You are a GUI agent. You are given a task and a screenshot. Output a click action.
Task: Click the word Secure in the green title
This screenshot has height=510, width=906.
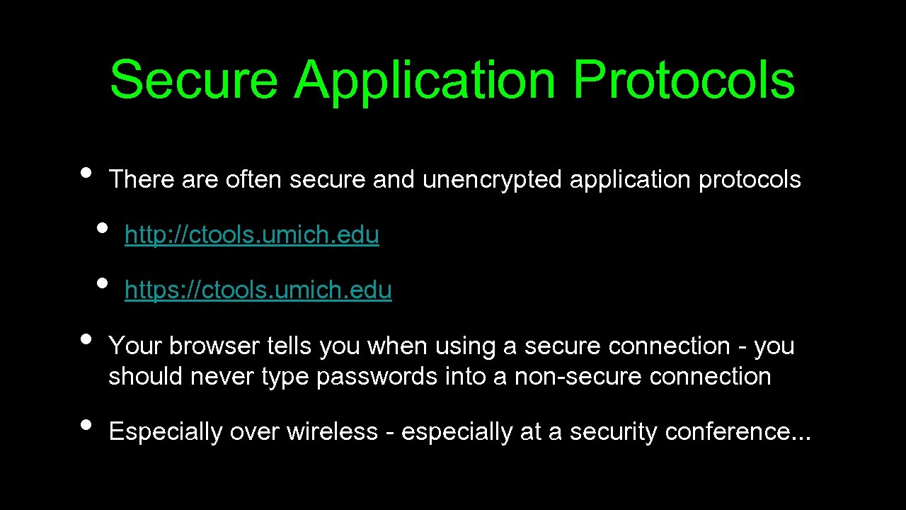coord(193,79)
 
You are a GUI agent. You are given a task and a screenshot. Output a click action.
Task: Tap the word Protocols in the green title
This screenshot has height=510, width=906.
coord(684,79)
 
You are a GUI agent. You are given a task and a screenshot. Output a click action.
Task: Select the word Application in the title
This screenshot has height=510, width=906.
coord(425,81)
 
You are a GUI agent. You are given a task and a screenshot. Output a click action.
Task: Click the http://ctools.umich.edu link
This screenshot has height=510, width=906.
coord(251,235)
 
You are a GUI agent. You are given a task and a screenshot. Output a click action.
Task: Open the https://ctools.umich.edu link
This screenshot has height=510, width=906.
coord(258,290)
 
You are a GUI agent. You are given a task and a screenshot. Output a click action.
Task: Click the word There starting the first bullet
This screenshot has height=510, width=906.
coord(142,179)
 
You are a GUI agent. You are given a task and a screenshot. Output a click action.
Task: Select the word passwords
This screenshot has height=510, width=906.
coord(377,377)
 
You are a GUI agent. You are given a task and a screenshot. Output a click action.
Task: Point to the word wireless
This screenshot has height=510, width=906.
coord(332,432)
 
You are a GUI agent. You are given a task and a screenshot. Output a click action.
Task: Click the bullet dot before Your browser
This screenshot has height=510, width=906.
coord(86,339)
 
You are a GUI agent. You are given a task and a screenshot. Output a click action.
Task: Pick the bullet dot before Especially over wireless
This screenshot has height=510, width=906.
coord(86,424)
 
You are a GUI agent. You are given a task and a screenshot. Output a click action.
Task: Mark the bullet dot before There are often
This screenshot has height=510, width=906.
coord(86,172)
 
